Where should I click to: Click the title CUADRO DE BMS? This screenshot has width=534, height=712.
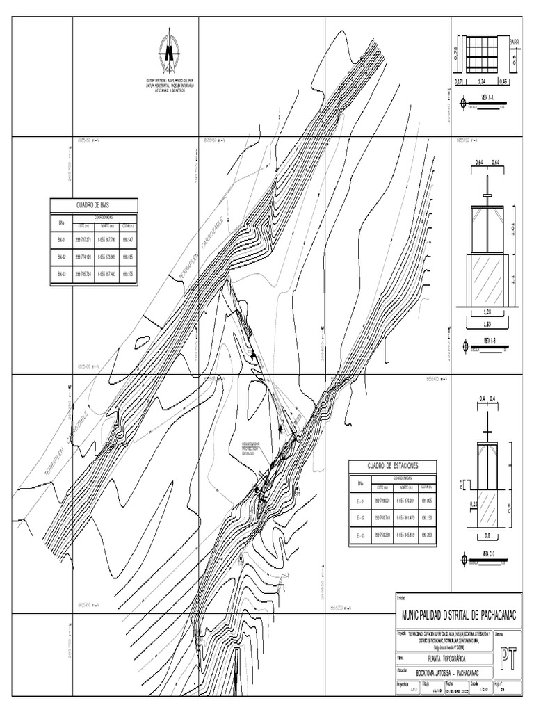click(94, 205)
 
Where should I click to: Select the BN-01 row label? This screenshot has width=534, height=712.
click(61, 240)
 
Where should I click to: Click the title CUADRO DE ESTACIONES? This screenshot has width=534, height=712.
click(393, 465)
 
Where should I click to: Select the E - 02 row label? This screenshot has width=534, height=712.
click(361, 517)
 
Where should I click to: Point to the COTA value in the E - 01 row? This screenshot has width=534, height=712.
click(426, 500)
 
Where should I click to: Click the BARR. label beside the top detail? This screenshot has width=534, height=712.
click(515, 42)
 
